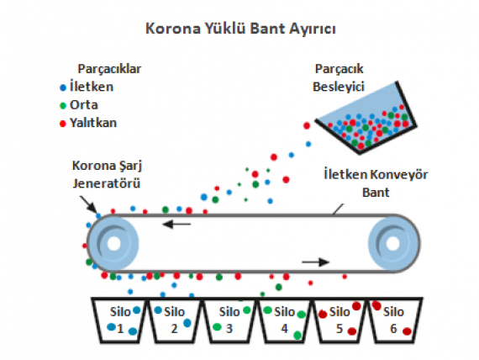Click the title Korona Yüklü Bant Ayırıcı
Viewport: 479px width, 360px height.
pyautogui.click(x=240, y=29)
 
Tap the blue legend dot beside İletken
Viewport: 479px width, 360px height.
pyautogui.click(x=63, y=87)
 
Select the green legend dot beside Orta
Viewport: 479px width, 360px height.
pyautogui.click(x=63, y=106)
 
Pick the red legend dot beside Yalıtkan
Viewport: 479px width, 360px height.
pyautogui.click(x=63, y=124)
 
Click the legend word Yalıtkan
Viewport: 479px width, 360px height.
pyautogui.click(x=93, y=123)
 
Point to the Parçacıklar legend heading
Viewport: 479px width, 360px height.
pyautogui.click(x=109, y=69)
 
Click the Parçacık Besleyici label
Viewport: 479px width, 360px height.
pyautogui.click(x=339, y=77)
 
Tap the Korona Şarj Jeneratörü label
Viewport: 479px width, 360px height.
pyautogui.click(x=107, y=174)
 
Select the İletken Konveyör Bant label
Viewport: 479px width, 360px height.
pyautogui.click(x=376, y=183)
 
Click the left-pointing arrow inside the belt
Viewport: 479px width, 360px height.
pyautogui.click(x=176, y=225)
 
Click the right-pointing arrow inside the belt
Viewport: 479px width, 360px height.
pyautogui.click(x=316, y=262)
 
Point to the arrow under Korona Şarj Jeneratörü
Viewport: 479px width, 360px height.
pyautogui.click(x=88, y=204)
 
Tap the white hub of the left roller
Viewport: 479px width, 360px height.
pyautogui.click(x=114, y=243)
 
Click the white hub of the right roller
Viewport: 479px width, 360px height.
pyautogui.click(x=392, y=243)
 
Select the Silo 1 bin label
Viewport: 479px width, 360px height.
pyautogui.click(x=120, y=320)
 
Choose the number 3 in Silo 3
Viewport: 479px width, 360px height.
pyautogui.click(x=229, y=329)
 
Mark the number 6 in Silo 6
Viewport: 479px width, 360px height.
pyautogui.click(x=393, y=329)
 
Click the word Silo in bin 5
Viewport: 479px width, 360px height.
pyautogui.click(x=340, y=312)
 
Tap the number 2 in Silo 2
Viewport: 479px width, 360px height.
pyautogui.click(x=174, y=329)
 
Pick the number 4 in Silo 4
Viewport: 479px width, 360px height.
pyautogui.click(x=284, y=329)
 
